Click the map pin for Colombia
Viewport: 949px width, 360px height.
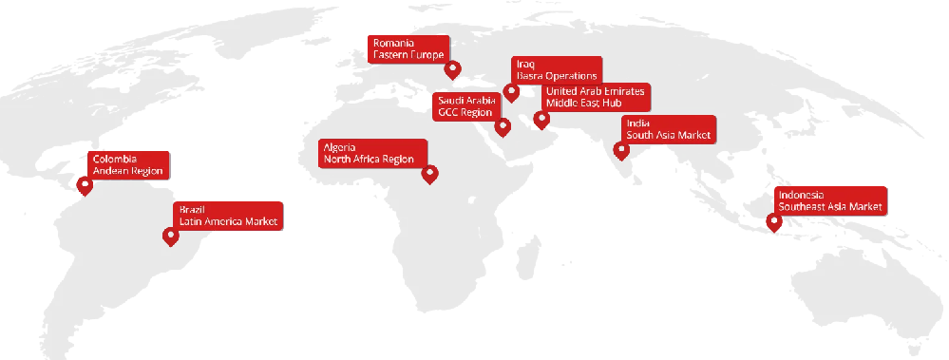tap(85, 185)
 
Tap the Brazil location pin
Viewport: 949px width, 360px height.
tap(171, 236)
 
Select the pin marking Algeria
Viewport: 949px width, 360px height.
tap(429, 174)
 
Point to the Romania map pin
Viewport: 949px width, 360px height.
tap(453, 69)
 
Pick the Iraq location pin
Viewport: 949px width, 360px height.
tap(511, 92)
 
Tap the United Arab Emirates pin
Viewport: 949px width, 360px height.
tap(541, 119)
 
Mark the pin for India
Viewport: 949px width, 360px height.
tap(622, 148)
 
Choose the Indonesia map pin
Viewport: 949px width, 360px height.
tap(774, 223)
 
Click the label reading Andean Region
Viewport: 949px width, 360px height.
tap(127, 171)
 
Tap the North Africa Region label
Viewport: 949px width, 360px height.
tap(369, 160)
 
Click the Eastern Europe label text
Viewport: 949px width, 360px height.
tap(408, 55)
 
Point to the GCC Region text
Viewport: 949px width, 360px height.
tap(465, 112)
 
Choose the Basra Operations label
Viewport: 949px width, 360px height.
tap(557, 74)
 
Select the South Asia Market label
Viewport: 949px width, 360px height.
tap(669, 135)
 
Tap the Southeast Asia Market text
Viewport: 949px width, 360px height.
tap(830, 205)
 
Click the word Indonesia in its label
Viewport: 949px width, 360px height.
tap(800, 194)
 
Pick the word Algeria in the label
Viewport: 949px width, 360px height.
tap(339, 147)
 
